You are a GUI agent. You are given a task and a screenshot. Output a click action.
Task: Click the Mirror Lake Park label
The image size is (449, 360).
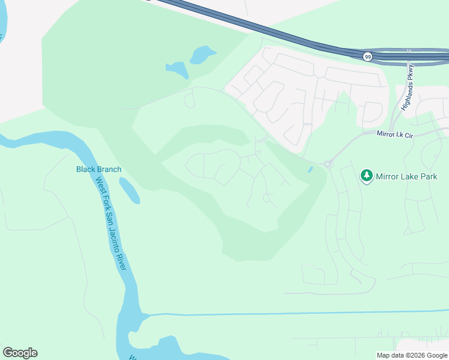(406, 176)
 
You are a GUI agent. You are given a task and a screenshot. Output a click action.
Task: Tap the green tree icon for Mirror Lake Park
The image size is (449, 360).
(366, 176)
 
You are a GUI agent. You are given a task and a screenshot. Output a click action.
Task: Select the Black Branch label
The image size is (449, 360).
(98, 169)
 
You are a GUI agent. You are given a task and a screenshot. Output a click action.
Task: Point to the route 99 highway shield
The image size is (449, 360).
(367, 56)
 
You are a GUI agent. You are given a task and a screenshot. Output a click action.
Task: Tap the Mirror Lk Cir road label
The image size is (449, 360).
(396, 135)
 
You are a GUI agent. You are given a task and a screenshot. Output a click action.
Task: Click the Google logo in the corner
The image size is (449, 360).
(20, 353)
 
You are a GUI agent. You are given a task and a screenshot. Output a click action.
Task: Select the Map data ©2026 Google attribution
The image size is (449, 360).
(412, 355)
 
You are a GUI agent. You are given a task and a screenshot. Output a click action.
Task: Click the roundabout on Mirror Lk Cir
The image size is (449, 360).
(328, 163)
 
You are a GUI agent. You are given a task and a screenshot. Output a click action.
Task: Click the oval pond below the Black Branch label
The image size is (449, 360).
(129, 191)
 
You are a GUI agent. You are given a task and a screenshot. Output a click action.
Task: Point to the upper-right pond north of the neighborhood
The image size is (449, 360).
(203, 55)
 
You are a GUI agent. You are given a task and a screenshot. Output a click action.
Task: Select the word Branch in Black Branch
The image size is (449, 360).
(109, 169)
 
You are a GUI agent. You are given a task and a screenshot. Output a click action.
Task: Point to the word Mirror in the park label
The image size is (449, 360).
(388, 176)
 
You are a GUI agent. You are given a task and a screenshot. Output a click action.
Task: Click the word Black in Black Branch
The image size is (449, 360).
(85, 169)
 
